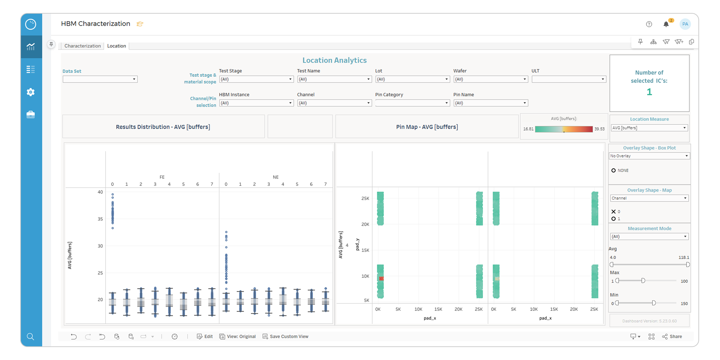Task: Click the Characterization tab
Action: [x=83, y=46]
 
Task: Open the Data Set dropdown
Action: [x=100, y=79]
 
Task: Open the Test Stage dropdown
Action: [x=256, y=79]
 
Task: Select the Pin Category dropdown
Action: [x=412, y=103]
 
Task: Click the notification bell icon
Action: [x=666, y=24]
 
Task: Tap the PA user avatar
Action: [x=685, y=24]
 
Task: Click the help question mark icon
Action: [x=649, y=24]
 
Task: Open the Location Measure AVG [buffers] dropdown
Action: [x=649, y=128]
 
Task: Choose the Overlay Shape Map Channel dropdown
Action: [x=649, y=198]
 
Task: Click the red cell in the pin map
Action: [x=381, y=278]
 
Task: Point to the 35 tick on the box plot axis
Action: [x=100, y=219]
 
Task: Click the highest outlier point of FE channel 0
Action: [x=113, y=194]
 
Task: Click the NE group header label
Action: [x=276, y=177]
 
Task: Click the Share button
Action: [x=672, y=336]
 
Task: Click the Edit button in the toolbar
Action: [x=205, y=336]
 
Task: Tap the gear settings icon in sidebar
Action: [x=31, y=92]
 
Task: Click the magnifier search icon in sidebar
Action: [x=30, y=336]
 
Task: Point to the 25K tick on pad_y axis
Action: [x=365, y=198]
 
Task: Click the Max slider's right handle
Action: [x=643, y=281]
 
